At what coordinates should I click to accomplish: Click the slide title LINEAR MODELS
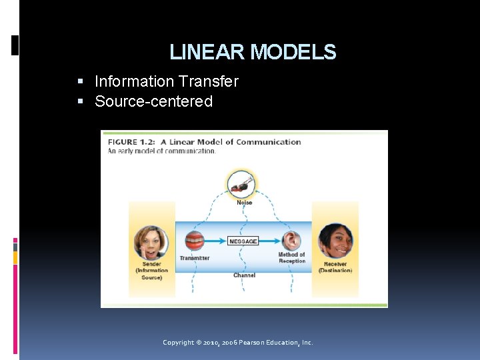(253, 52)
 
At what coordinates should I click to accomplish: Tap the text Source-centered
(153, 101)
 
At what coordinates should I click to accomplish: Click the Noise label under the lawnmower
(244, 202)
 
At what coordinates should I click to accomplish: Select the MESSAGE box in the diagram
(243, 241)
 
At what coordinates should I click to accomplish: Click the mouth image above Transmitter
(195, 241)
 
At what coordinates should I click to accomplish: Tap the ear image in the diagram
(292, 241)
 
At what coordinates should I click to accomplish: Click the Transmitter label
(195, 258)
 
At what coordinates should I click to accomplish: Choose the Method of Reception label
(292, 258)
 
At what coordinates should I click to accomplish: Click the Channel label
(244, 275)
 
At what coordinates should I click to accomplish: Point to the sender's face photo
(151, 242)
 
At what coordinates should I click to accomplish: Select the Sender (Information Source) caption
(152, 271)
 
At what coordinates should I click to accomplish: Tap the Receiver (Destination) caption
(335, 267)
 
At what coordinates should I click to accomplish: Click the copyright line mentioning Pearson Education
(237, 343)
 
